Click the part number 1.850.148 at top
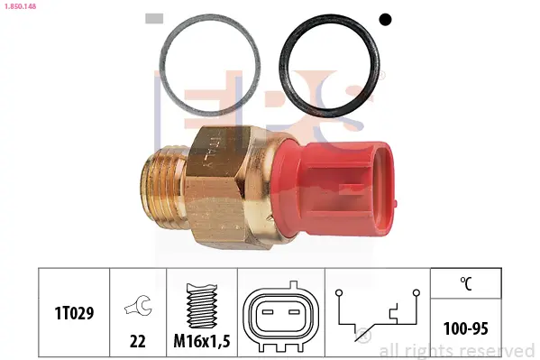[21, 6]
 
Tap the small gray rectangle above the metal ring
[154, 19]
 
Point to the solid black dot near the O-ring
[385, 19]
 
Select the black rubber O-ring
[282, 66]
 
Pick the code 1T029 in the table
[74, 313]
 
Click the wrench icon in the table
[139, 305]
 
